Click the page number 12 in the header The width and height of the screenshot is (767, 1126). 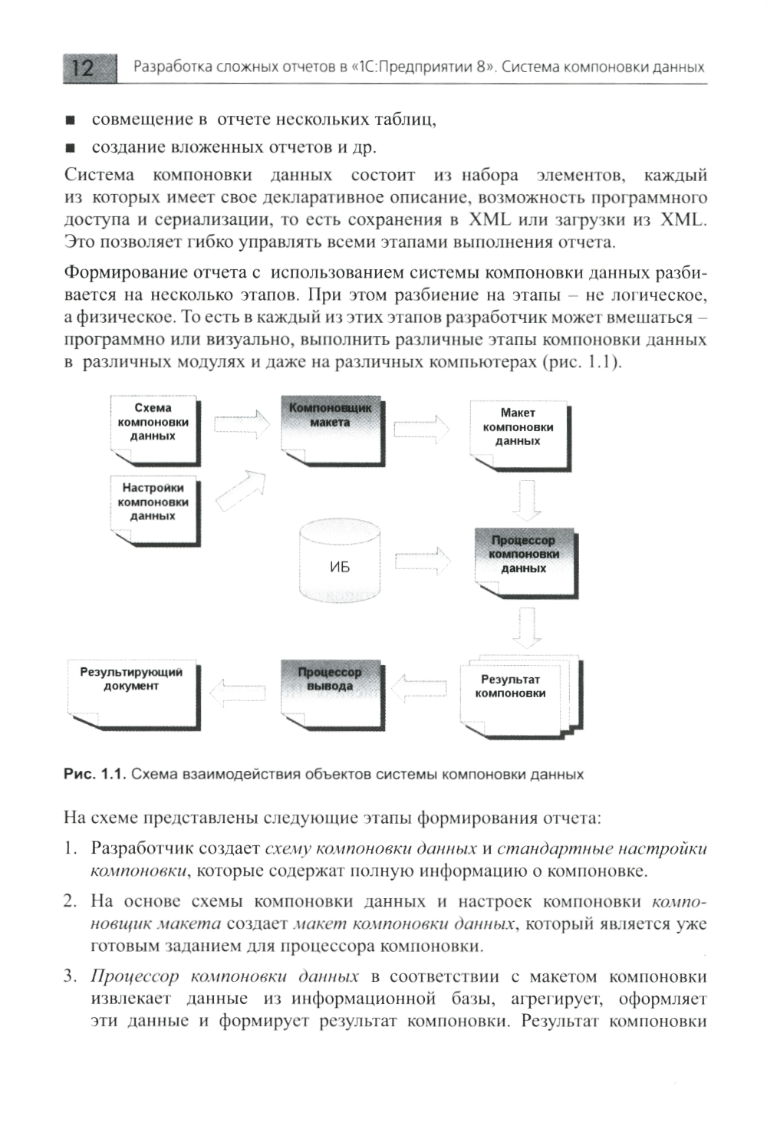pyautogui.click(x=83, y=68)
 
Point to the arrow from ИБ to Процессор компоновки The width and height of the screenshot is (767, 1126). pyautogui.click(x=423, y=561)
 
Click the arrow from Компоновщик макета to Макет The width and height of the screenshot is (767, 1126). pyautogui.click(x=422, y=428)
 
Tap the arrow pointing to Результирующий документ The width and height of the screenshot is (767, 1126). pyautogui.click(x=238, y=693)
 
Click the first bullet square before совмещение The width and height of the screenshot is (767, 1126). pyautogui.click(x=71, y=120)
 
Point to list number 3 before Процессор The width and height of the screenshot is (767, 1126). pyautogui.click(x=71, y=977)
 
